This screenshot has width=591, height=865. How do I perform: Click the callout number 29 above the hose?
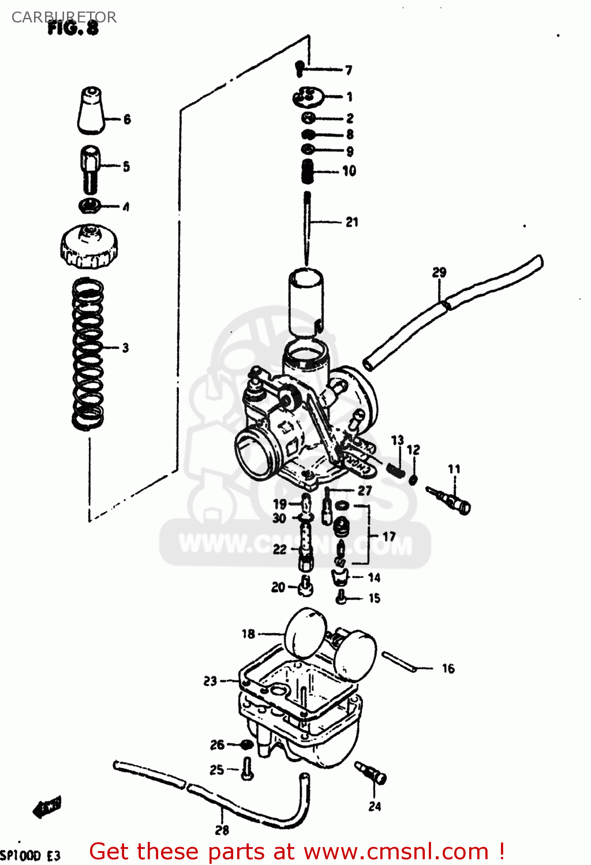point(439,272)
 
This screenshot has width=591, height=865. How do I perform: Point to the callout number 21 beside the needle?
point(351,222)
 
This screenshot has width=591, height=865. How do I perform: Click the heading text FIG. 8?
point(73,28)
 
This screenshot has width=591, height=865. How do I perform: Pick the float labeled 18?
point(305,634)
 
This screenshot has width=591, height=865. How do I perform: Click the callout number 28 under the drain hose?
point(222,830)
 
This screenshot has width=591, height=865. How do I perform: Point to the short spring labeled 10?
point(308,171)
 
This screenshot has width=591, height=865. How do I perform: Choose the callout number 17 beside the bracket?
point(389,537)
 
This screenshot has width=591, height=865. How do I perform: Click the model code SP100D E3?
point(30,855)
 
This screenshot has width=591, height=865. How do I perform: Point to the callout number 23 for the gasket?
point(210,681)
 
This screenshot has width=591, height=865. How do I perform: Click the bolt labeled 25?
point(247,769)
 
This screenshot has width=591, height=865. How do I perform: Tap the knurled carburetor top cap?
point(89,247)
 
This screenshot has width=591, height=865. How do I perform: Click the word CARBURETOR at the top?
point(63,17)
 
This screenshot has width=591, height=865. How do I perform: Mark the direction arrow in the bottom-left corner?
point(47,807)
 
